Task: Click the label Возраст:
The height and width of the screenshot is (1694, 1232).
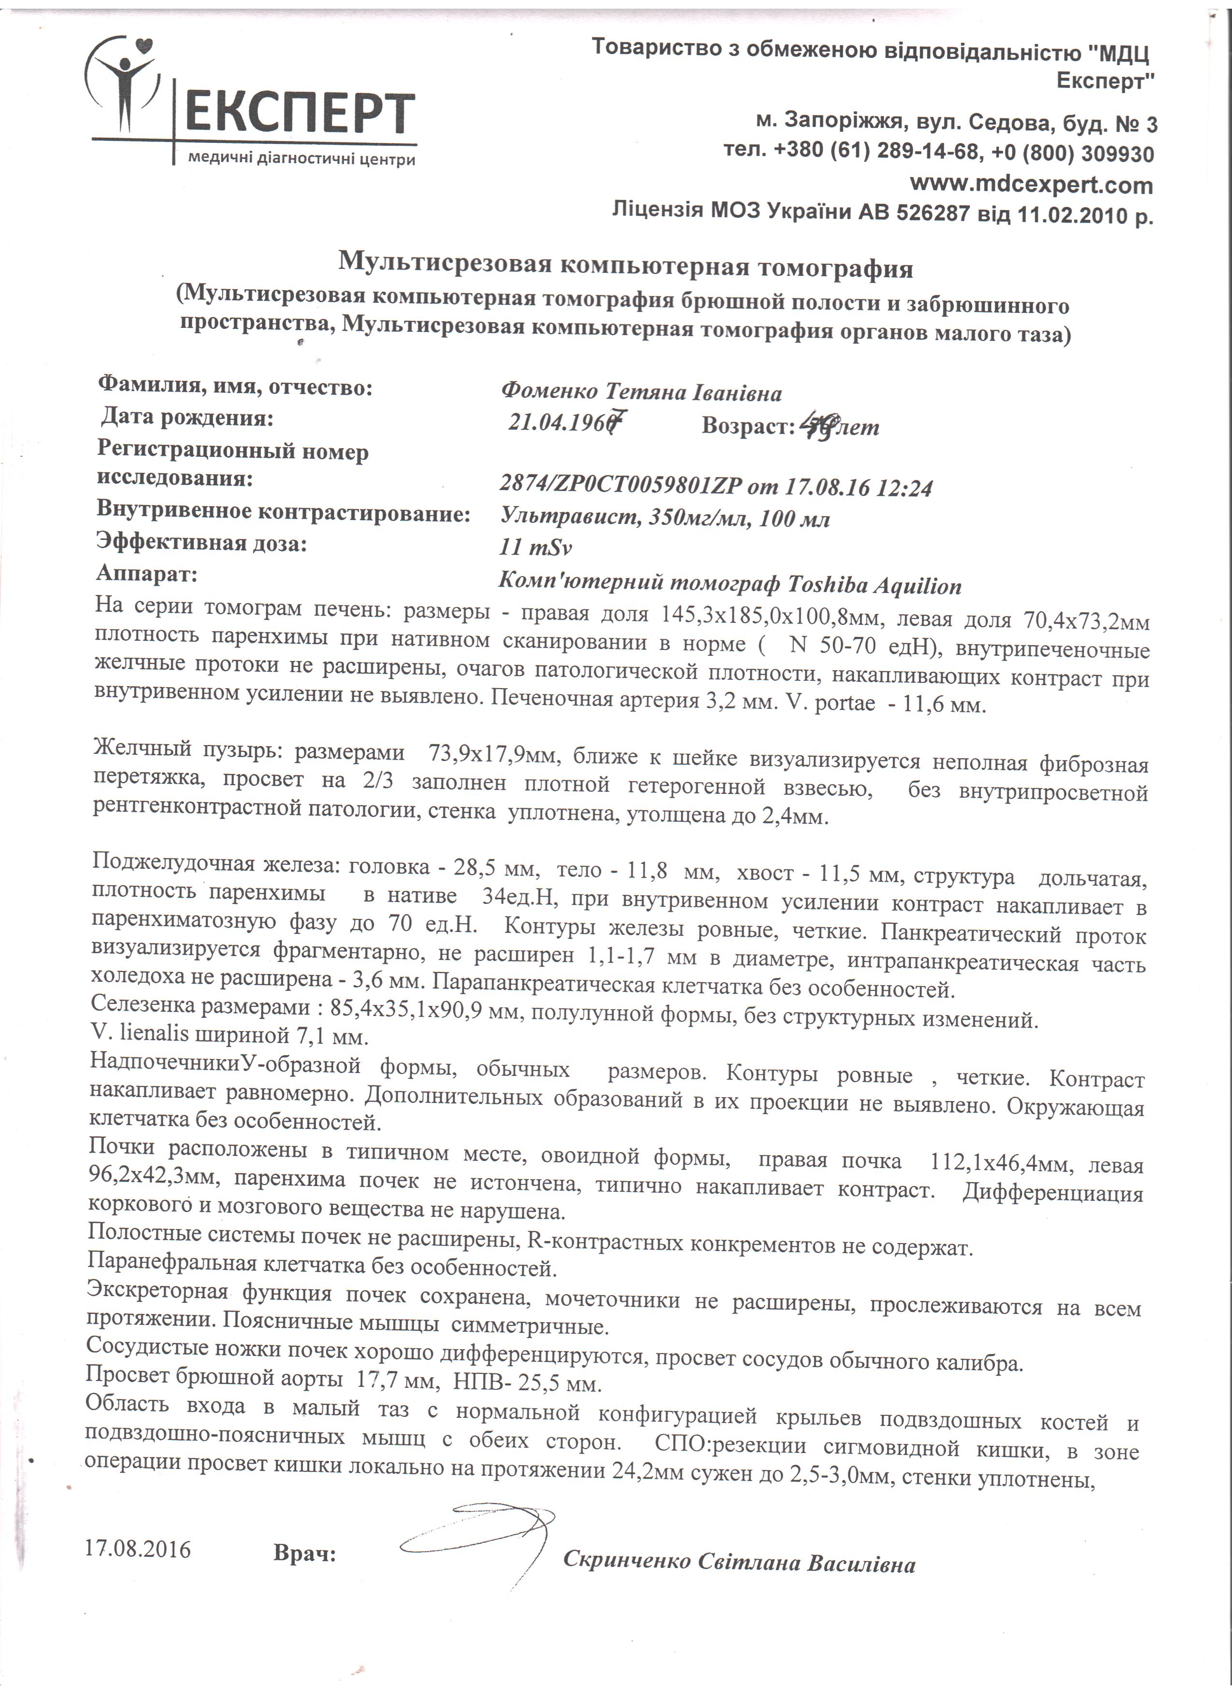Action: [x=747, y=426]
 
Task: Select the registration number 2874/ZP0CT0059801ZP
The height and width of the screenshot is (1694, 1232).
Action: [x=622, y=486]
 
